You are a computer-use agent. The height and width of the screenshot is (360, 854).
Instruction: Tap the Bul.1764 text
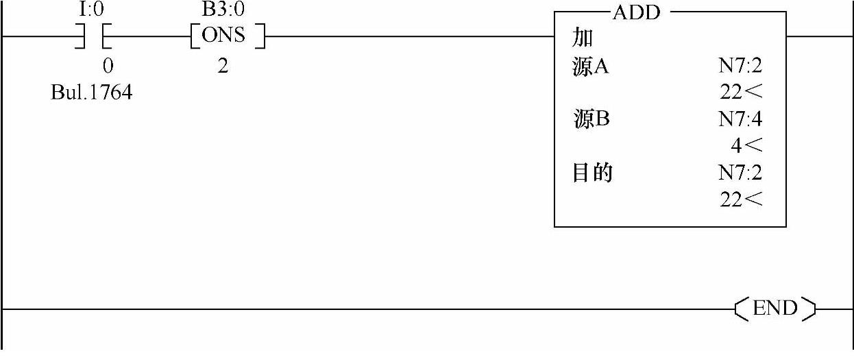pos(91,93)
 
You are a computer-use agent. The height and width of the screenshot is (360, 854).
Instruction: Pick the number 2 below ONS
pos(223,67)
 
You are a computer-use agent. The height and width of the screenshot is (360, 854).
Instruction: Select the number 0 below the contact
pos(108,67)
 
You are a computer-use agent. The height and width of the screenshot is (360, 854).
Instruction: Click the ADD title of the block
pos(635,13)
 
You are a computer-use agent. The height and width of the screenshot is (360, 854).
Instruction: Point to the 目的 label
pos(592,173)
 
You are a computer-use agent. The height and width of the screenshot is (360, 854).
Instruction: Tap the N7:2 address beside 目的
pos(740,173)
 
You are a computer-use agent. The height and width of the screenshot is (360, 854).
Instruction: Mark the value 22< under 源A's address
pos(742,93)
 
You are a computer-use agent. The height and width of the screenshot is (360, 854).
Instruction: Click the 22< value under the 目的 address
pos(742,200)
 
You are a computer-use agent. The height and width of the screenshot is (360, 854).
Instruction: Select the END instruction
pos(775,309)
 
